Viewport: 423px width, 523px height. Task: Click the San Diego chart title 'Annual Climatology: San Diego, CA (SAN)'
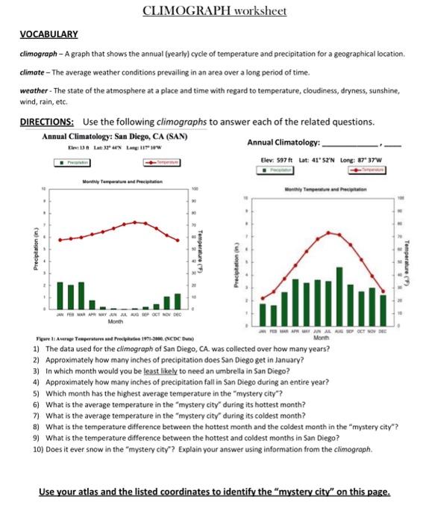coord(114,137)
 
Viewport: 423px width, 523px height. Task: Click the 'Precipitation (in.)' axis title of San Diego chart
coord(27,244)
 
